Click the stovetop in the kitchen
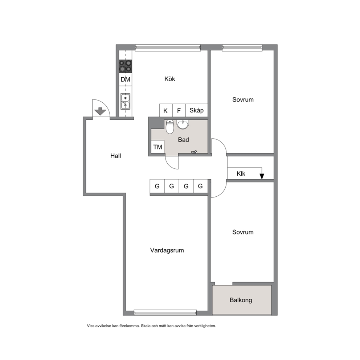click(125, 66)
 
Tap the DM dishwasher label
click(125, 79)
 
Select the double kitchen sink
click(125, 101)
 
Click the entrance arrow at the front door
click(100, 111)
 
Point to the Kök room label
click(170, 79)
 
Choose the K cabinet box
click(166, 110)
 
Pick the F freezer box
click(179, 110)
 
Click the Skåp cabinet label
click(197, 110)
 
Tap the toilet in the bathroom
click(170, 127)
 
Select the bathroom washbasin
click(183, 124)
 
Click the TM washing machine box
click(158, 147)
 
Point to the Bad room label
click(183, 140)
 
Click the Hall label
click(115, 156)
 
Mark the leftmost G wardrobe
click(157, 186)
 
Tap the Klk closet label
click(241, 174)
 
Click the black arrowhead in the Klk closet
click(262, 176)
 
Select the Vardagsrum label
click(167, 250)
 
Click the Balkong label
click(241, 300)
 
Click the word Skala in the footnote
click(146, 326)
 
